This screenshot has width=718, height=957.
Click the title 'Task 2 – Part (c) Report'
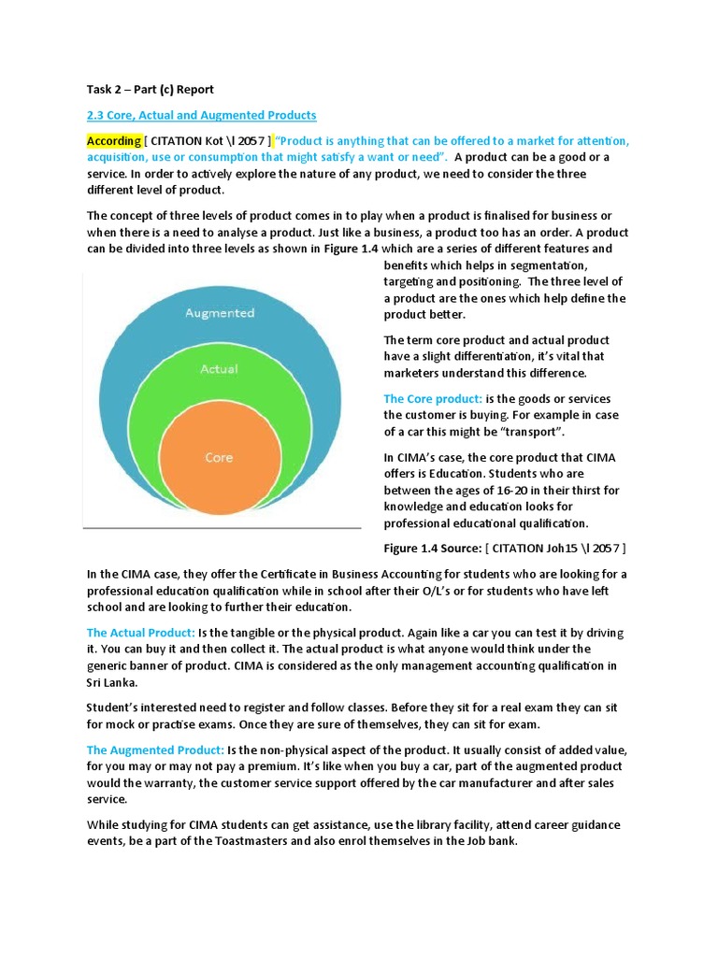coord(150,90)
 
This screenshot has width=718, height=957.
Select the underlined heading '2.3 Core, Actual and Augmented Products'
coord(201,115)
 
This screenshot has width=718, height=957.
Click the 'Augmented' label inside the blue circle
coord(220,313)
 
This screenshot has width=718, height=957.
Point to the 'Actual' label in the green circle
coord(220,369)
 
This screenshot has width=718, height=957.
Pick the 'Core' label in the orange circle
coord(219,457)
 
